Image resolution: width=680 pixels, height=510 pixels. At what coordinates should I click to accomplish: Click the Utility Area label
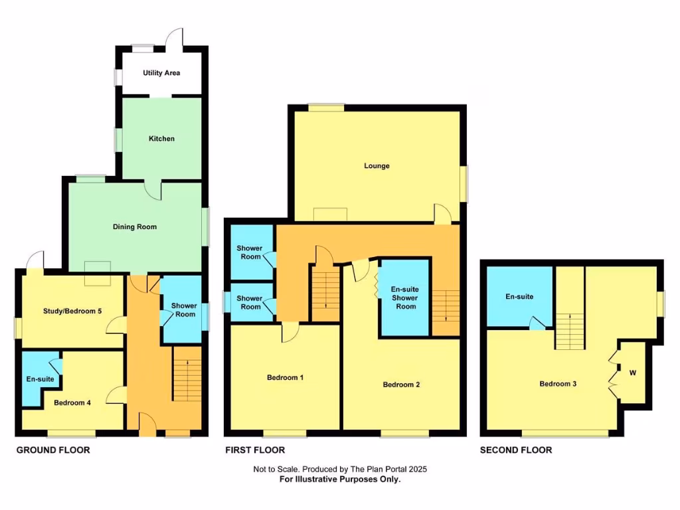coord(161,72)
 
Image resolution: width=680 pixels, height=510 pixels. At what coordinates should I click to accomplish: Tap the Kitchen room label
coord(161,139)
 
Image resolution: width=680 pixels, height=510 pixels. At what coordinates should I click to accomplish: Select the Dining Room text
coord(135,226)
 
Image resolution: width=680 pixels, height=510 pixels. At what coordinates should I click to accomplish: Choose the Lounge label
coord(377,165)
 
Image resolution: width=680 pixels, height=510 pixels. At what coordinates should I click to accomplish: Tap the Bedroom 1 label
coord(285,377)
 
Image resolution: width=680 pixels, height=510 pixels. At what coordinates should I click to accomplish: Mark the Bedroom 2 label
coord(401,384)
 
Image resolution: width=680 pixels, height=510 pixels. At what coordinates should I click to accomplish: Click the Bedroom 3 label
coord(555,384)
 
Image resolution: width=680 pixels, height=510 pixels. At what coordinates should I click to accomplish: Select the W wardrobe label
coord(633,373)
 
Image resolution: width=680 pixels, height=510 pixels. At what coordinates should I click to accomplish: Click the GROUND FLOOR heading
coord(53,450)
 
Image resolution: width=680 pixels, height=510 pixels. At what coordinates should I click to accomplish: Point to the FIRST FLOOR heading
coord(255,450)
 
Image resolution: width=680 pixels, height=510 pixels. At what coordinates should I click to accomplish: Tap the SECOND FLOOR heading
coord(516,450)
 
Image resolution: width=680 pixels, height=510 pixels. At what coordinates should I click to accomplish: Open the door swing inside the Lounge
coord(442,213)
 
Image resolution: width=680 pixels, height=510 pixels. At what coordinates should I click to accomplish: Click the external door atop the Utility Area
coord(175,38)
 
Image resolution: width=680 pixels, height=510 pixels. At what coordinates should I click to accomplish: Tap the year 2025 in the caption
coord(417,469)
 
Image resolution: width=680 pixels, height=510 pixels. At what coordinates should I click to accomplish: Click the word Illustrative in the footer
coord(340,479)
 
